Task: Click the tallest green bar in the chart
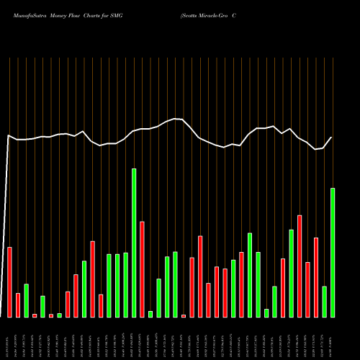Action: [x=134, y=243]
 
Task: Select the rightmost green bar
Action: [x=333, y=252]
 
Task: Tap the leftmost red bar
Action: [x=10, y=282]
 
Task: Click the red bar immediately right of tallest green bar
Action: [x=142, y=269]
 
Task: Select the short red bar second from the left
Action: [x=18, y=305]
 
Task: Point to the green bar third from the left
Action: [x=60, y=315]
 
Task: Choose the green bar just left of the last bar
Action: [x=324, y=301]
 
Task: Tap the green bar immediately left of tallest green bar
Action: [x=125, y=284]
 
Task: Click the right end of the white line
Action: [x=332, y=138]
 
